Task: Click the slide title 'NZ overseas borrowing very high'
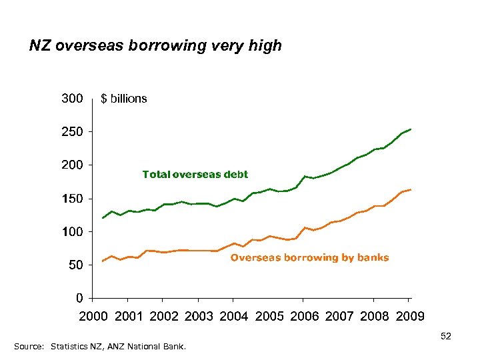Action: pyautogui.click(x=155, y=46)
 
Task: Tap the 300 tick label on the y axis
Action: pyautogui.click(x=72, y=99)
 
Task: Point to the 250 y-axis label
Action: pyautogui.click(x=72, y=132)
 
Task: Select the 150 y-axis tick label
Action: pyautogui.click(x=72, y=199)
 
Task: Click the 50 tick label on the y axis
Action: pyautogui.click(x=75, y=265)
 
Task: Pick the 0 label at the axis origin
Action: pyautogui.click(x=79, y=298)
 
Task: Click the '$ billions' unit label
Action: pyautogui.click(x=124, y=99)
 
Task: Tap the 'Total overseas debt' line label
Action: pyautogui.click(x=195, y=175)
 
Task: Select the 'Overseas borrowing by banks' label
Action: pyautogui.click(x=309, y=257)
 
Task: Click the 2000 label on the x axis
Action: pyautogui.click(x=93, y=316)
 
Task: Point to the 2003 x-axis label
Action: pyautogui.click(x=198, y=316)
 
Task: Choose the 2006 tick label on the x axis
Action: pyautogui.click(x=304, y=316)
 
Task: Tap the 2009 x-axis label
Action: pyautogui.click(x=409, y=316)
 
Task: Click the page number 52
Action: pyautogui.click(x=446, y=337)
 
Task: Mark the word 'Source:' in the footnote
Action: pyautogui.click(x=29, y=347)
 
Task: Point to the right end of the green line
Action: pyautogui.click(x=411, y=129)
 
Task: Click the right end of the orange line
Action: pyautogui.click(x=411, y=190)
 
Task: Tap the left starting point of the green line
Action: pyautogui.click(x=102, y=218)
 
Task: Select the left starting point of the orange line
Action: pyautogui.click(x=102, y=261)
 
